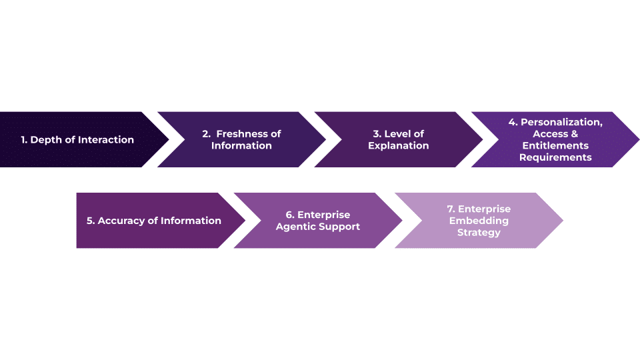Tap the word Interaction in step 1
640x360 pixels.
pos(106,140)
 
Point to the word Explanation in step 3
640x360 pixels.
pos(399,145)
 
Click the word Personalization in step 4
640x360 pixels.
pos(561,122)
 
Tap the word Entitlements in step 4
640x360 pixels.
pos(555,145)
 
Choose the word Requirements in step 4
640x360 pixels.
pos(555,157)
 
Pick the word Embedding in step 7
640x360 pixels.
pos(479,221)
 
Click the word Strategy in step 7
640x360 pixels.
pos(479,233)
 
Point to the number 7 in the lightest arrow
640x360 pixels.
pos(451,209)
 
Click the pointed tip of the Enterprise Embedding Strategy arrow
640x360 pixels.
pos(561,221)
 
